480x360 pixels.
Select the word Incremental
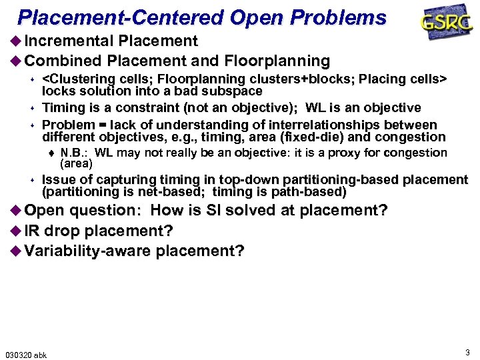click(x=70, y=41)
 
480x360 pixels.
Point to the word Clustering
click(x=79, y=79)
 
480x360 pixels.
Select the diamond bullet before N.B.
click(x=53, y=153)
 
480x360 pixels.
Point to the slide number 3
click(x=467, y=351)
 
